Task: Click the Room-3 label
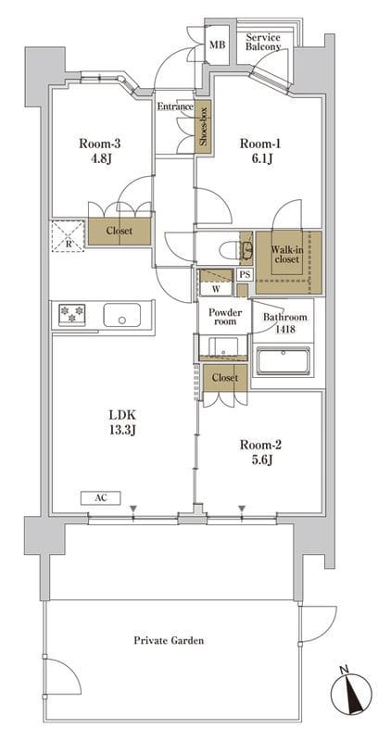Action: tap(96, 144)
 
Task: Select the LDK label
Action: tap(122, 415)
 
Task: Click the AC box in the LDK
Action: tap(100, 497)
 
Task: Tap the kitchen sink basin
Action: tap(122, 315)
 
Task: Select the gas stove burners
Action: tap(72, 315)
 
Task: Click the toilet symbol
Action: tap(232, 248)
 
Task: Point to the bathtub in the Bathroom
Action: tap(283, 361)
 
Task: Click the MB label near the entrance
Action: tap(218, 44)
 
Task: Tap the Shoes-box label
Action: tap(204, 126)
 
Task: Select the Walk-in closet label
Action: tap(285, 255)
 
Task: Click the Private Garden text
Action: tap(169, 641)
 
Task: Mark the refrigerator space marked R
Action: tap(68, 236)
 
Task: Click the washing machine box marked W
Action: tap(216, 288)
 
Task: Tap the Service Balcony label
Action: tap(263, 42)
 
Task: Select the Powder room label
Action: tap(225, 317)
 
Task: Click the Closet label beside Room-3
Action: tap(120, 232)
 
